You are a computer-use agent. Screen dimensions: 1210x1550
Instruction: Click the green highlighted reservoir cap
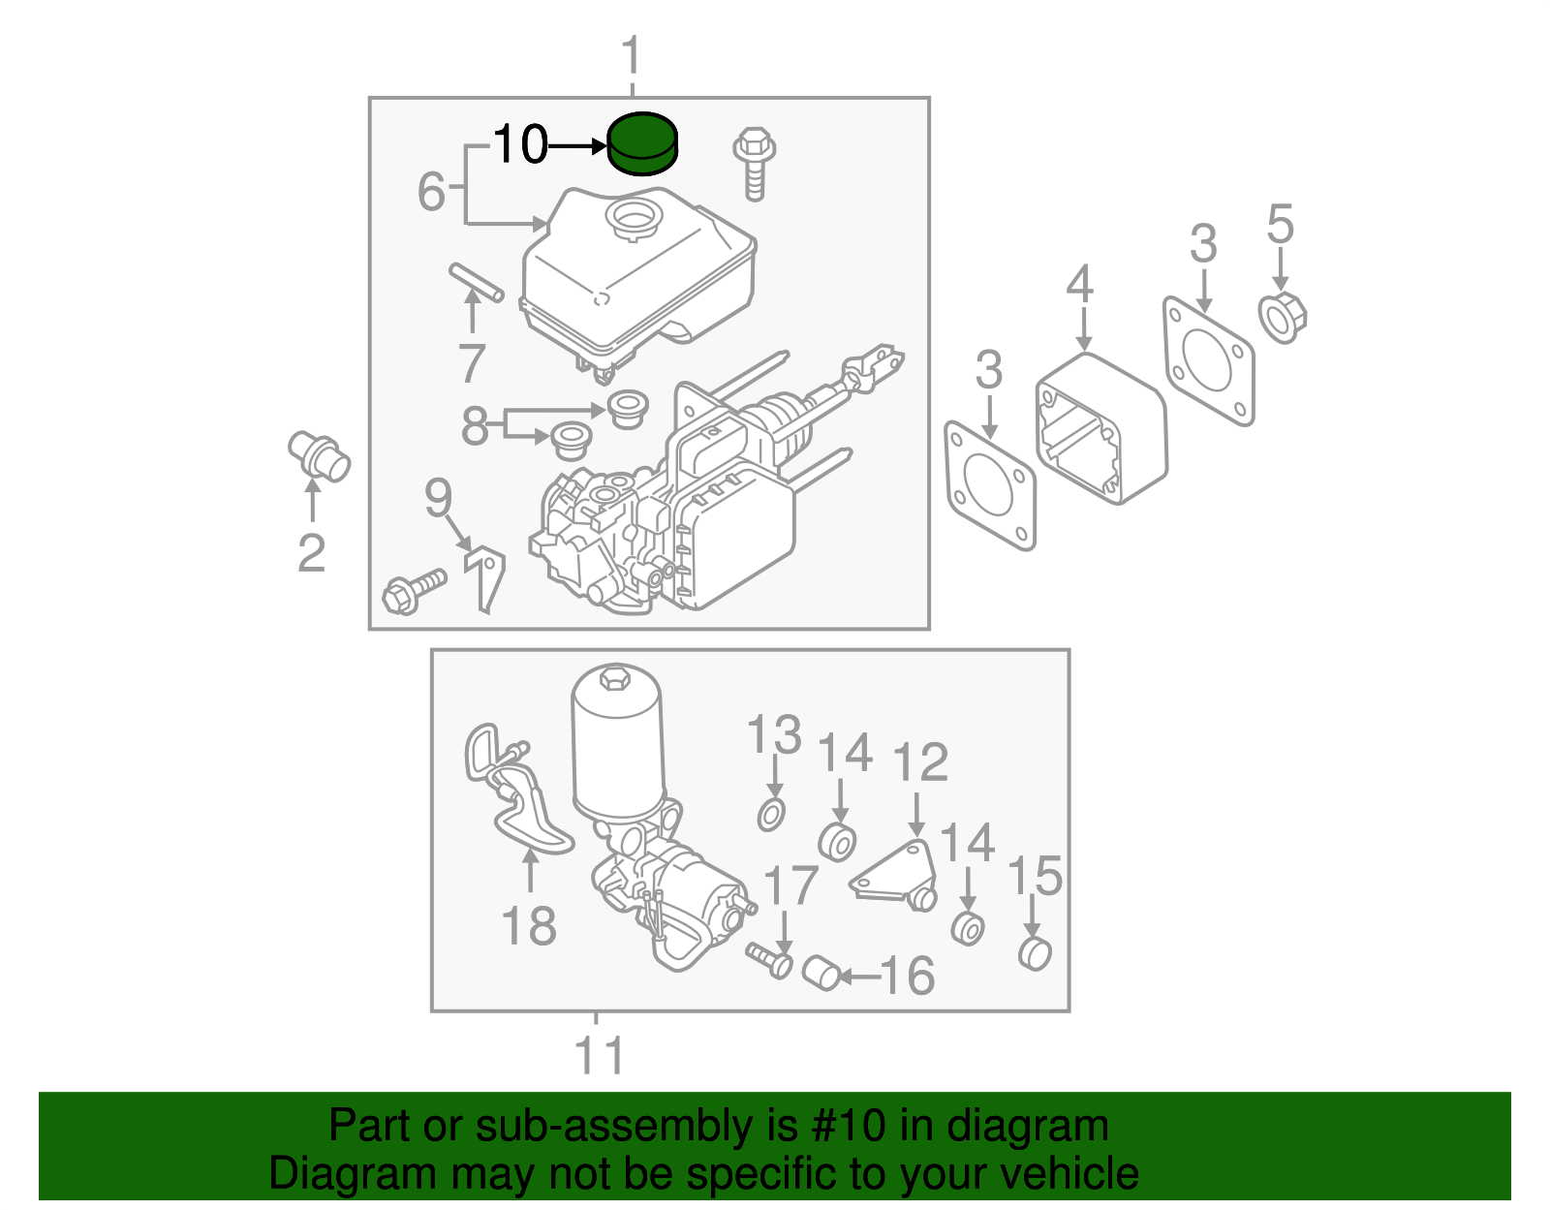click(x=642, y=144)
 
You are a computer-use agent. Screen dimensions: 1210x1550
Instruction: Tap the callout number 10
click(x=520, y=145)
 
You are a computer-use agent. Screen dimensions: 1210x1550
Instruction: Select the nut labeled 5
click(x=1283, y=317)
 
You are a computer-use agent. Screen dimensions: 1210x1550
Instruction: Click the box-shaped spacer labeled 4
click(x=1101, y=429)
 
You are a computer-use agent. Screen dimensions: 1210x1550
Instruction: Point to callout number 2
click(x=311, y=554)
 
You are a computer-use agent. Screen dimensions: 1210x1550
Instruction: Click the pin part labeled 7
click(x=476, y=282)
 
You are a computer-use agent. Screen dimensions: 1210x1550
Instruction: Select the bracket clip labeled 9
click(x=487, y=577)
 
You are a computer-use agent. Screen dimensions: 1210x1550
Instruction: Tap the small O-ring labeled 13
click(x=771, y=816)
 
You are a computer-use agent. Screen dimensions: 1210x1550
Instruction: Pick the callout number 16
click(x=907, y=976)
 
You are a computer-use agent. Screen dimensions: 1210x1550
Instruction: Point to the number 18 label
click(x=529, y=925)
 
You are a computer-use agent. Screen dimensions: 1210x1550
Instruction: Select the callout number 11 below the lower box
click(x=599, y=1055)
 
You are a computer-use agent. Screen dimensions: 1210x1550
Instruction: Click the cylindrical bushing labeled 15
click(x=1035, y=953)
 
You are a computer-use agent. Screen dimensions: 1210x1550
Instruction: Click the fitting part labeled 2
click(x=319, y=457)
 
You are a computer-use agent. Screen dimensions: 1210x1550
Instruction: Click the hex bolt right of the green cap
click(x=755, y=161)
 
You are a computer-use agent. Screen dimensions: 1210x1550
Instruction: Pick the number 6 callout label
click(x=431, y=191)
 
